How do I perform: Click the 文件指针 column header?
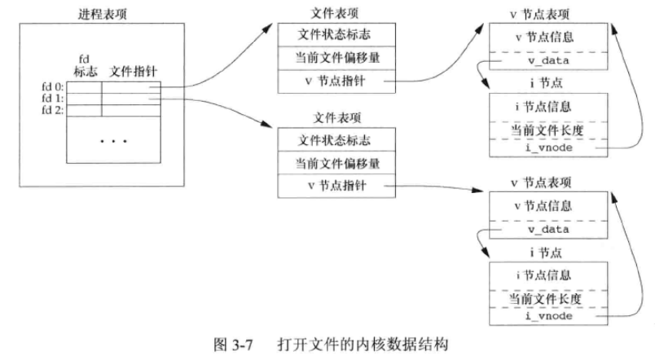coord(131,72)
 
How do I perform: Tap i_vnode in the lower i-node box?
coord(547,315)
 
